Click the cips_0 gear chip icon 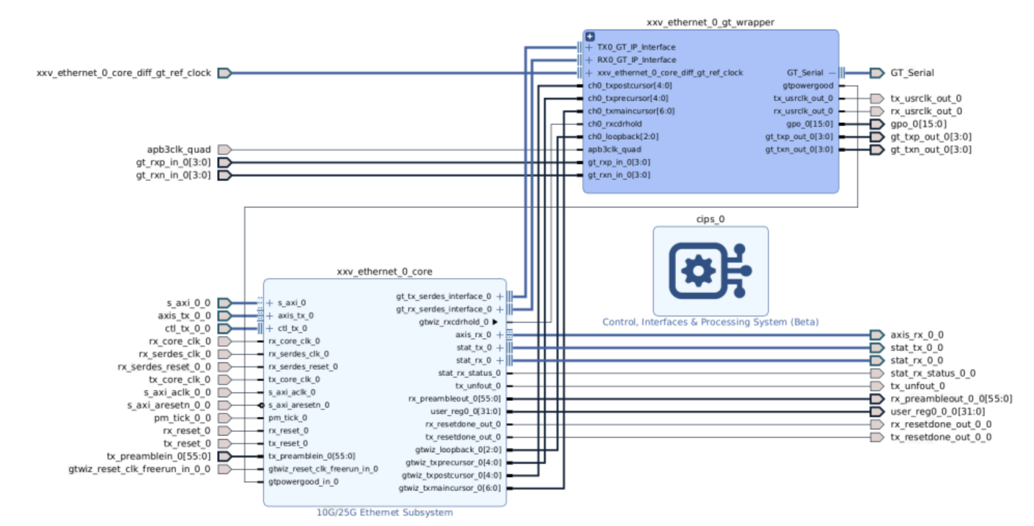710,270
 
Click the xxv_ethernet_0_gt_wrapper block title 710,22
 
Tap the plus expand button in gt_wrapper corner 590,37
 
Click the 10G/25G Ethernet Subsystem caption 384,512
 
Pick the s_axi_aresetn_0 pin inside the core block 299,405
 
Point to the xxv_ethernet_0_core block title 384,272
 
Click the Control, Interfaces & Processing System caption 710,322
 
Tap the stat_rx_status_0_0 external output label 932,373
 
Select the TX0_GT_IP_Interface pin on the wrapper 636,48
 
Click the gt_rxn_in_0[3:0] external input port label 173,176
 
